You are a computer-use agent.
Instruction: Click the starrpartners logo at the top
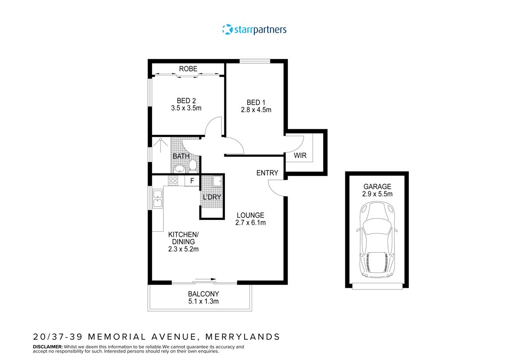click(x=254, y=30)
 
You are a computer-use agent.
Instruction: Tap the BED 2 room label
click(x=186, y=100)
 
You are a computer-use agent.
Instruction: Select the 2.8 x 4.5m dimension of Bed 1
click(x=256, y=110)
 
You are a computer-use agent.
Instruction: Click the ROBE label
click(x=188, y=69)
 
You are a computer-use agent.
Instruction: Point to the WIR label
click(x=300, y=155)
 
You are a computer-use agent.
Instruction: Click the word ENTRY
click(x=267, y=173)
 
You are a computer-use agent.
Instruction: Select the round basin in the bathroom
click(x=179, y=169)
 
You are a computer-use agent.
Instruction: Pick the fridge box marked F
click(x=192, y=180)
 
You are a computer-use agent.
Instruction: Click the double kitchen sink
click(x=157, y=199)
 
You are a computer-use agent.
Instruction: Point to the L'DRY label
click(x=212, y=197)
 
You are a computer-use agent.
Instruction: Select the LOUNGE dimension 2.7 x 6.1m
click(x=251, y=222)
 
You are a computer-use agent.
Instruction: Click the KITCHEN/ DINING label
click(x=184, y=238)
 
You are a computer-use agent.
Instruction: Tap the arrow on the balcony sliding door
click(x=206, y=279)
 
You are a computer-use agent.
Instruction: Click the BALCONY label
click(x=203, y=294)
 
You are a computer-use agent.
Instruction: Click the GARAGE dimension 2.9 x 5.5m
click(x=377, y=194)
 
